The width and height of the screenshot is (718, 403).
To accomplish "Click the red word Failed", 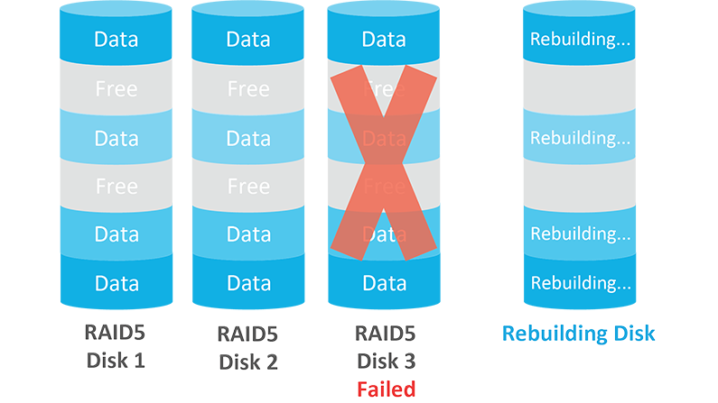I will coord(386,389).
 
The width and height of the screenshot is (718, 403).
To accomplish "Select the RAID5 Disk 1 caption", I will coord(117,347).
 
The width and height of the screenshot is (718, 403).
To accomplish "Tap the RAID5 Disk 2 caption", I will coord(248,347).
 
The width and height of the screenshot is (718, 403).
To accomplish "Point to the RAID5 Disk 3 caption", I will coord(386,347).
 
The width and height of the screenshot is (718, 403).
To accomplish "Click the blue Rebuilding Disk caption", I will coord(579,334).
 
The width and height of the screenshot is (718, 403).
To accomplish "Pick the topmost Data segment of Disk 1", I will coord(117,40).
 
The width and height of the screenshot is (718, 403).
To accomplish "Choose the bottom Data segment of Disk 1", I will coord(117,283).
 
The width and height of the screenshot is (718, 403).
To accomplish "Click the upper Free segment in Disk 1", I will coord(117,89).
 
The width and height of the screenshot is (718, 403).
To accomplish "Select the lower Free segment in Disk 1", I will coord(117,187).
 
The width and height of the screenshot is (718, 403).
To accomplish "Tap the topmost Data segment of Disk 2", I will coord(248,40).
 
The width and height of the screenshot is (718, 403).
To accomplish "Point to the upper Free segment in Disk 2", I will coord(248,89).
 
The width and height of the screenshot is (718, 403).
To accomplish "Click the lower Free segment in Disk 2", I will coord(248,187).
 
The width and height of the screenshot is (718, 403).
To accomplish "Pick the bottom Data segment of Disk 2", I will coord(248,283).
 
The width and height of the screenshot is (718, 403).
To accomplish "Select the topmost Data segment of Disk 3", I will coord(384,40).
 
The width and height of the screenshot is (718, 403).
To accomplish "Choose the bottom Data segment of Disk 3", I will coord(384,283).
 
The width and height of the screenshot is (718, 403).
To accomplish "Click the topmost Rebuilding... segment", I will coord(580,40).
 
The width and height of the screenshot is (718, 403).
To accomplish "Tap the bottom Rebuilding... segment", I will coord(580,283).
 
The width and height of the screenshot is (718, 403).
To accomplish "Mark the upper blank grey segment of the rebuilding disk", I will coord(580,89).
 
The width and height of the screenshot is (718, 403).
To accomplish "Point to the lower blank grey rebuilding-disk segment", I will coord(580,187).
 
